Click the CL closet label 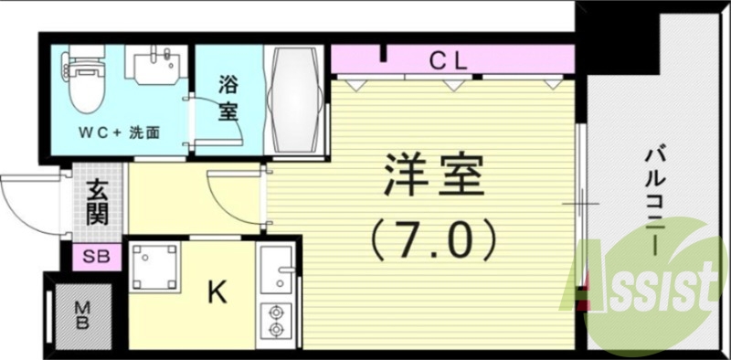click(x=449, y=61)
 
